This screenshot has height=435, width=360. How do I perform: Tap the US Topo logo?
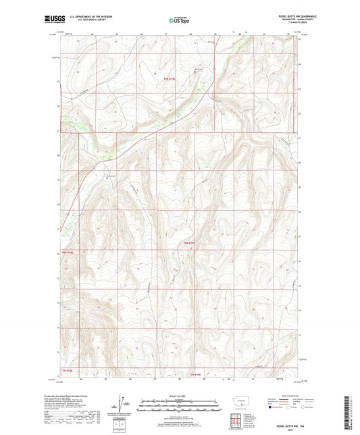tap(180, 20)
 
